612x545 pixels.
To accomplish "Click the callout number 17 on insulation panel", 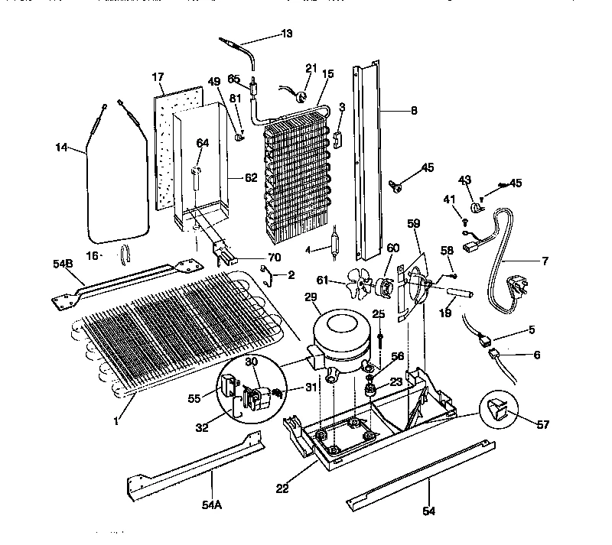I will [x=158, y=77].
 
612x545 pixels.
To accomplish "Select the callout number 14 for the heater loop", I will [x=63, y=148].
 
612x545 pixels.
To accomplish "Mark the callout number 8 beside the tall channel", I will [x=413, y=110].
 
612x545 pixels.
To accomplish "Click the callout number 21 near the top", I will [x=311, y=68].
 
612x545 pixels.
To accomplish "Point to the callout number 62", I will [x=251, y=178].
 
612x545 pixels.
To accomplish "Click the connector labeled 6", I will [x=497, y=354].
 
